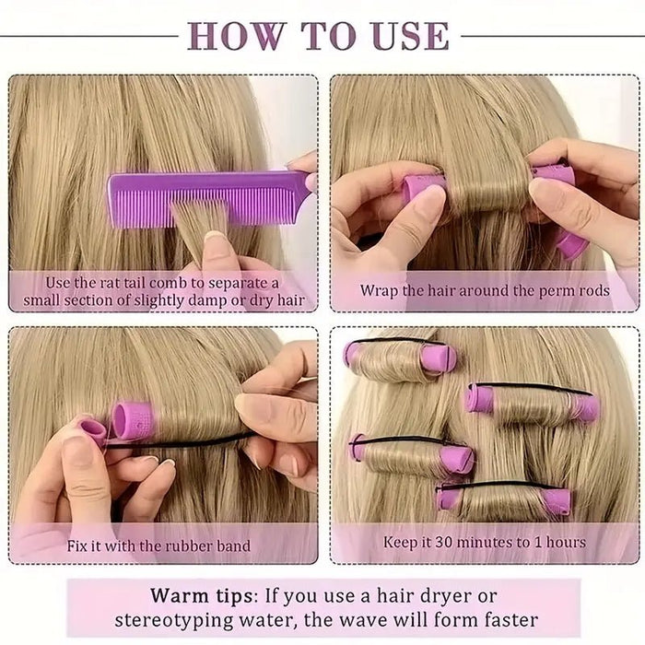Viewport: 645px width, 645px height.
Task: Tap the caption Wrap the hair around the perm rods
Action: pyautogui.click(x=485, y=290)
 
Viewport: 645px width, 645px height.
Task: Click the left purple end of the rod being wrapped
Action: pyautogui.click(x=423, y=187)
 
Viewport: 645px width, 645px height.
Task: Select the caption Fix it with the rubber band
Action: pyautogui.click(x=158, y=545)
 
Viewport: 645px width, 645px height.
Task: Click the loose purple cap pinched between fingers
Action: pyautogui.click(x=92, y=431)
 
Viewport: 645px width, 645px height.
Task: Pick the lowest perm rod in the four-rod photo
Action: pyautogui.click(x=503, y=500)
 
